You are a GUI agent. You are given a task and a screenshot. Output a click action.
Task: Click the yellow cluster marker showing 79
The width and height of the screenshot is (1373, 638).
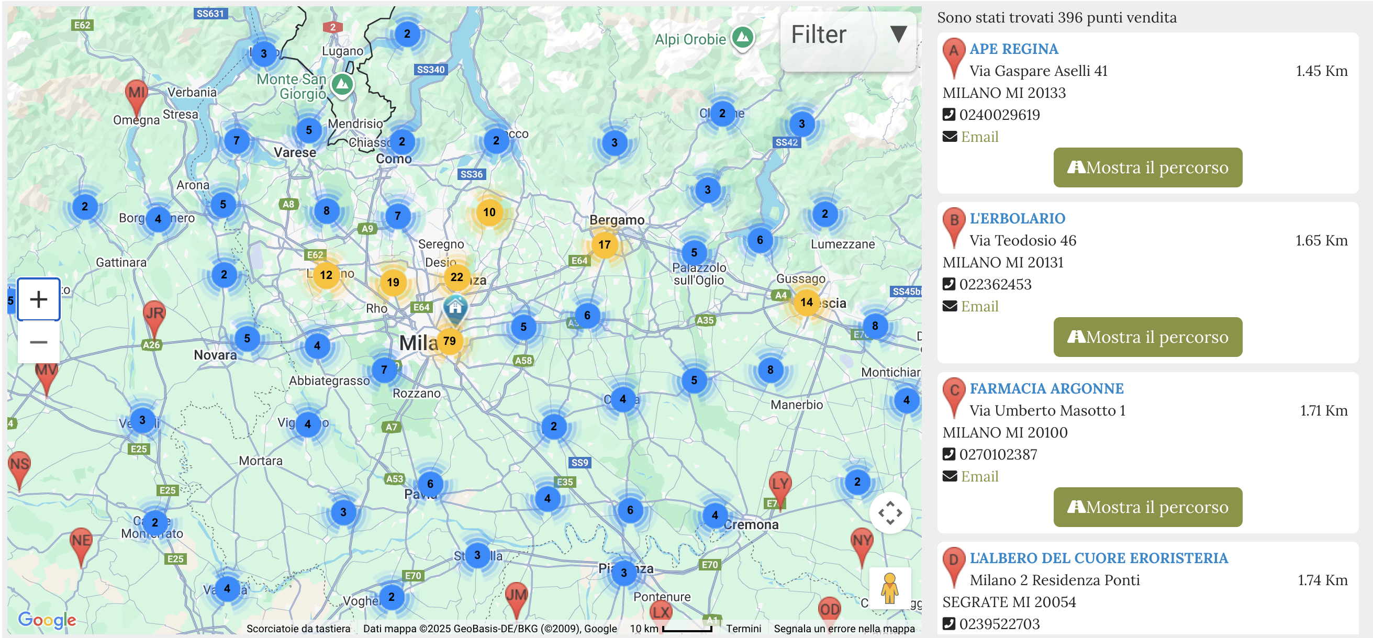tap(449, 341)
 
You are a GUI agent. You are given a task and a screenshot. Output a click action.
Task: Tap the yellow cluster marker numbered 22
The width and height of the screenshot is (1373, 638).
tap(456, 277)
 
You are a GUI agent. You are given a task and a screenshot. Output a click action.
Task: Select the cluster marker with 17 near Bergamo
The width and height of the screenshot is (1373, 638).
tap(604, 244)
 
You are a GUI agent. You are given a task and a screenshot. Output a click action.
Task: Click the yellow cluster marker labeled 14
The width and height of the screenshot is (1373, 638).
tap(807, 303)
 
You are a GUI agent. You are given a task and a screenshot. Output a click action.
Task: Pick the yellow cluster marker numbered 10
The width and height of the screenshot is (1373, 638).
tap(489, 212)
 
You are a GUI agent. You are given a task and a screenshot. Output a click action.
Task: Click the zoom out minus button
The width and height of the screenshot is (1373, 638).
tap(38, 342)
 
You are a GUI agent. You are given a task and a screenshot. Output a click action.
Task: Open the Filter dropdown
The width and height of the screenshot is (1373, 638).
tap(847, 35)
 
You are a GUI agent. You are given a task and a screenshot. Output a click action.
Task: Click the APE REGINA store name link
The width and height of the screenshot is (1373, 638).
tap(1013, 49)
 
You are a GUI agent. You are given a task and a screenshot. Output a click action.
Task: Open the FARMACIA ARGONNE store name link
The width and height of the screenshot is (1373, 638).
tap(1046, 388)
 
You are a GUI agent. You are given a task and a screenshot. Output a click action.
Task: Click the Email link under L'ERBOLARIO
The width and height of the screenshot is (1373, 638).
tap(979, 307)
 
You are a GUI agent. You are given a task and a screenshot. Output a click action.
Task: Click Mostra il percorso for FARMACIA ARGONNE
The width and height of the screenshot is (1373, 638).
tap(1147, 507)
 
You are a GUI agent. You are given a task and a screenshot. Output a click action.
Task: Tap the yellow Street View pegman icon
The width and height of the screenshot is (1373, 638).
tap(889, 588)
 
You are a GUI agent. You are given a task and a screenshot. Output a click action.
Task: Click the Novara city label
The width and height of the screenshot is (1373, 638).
tap(215, 355)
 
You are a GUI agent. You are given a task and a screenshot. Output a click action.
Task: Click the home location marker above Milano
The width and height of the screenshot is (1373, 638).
tap(455, 308)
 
